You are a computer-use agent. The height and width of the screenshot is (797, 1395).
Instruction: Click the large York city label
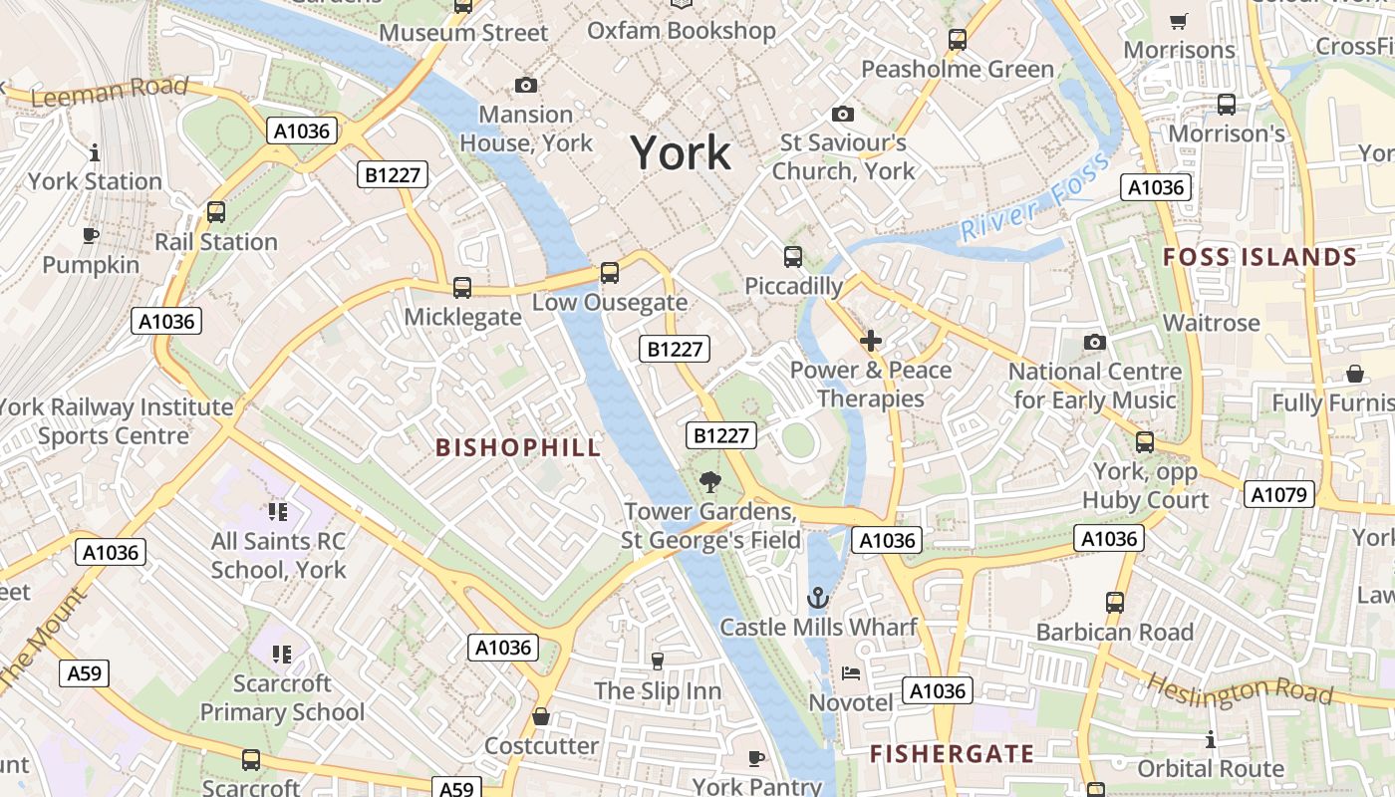(682, 153)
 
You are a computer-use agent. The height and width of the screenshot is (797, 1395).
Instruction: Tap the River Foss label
(1035, 199)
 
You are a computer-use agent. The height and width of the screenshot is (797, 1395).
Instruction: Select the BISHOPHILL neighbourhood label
(518, 447)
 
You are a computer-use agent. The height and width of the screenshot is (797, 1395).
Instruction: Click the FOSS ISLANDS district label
(1259, 257)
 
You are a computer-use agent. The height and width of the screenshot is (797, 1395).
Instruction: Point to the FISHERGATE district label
(951, 753)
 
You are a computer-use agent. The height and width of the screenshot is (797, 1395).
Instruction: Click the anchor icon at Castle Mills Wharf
(817, 598)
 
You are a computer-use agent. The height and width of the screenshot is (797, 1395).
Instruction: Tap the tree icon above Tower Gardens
(710, 482)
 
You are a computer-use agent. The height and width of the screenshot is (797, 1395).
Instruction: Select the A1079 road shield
(1278, 494)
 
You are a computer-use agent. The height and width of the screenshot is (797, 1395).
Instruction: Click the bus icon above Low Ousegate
(609, 272)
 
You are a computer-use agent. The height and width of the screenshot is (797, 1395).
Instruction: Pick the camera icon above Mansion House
(525, 86)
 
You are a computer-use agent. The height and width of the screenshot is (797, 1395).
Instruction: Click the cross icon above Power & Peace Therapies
(871, 341)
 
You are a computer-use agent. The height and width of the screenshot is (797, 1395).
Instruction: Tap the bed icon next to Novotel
(850, 672)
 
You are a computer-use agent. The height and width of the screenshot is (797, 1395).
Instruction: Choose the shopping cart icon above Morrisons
(1179, 20)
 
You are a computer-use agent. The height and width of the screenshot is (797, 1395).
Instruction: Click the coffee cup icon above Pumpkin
(91, 235)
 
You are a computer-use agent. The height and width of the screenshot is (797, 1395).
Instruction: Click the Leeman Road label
(109, 91)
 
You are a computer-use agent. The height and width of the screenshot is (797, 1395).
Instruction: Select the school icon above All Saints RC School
(278, 512)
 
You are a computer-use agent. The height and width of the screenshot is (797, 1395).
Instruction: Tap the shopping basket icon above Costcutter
(541, 716)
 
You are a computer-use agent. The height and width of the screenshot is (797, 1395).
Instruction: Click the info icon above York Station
(95, 152)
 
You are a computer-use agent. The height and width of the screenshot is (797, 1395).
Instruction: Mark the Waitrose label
(1211, 323)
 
